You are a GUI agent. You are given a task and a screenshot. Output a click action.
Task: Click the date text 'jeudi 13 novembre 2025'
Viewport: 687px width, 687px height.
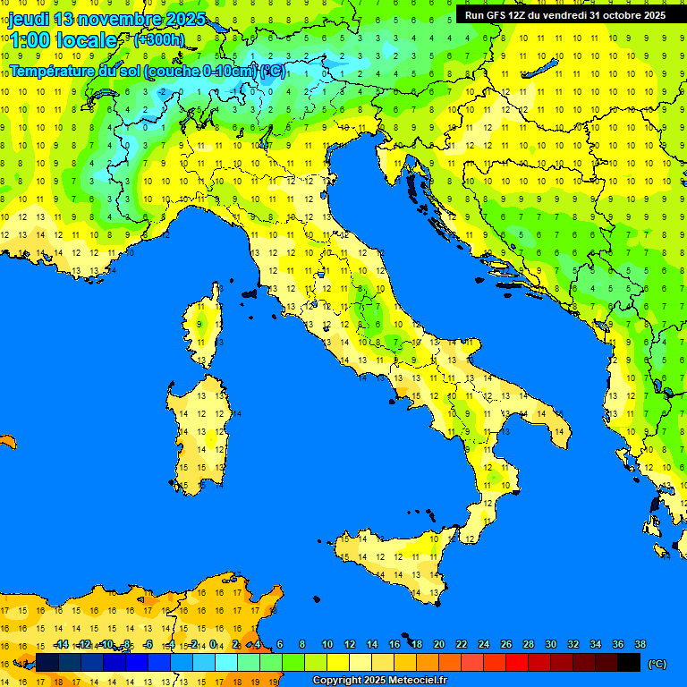[x=106, y=19]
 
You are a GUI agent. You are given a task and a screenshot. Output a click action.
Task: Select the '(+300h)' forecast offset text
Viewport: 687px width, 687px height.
[x=158, y=39]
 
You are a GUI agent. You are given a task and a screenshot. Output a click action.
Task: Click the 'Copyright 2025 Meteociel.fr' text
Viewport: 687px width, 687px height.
[x=379, y=681]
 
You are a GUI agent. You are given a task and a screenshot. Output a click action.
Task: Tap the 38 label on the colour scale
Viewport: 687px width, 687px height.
[x=640, y=645]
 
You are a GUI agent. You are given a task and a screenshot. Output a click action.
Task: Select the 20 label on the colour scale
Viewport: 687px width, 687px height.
[x=439, y=645]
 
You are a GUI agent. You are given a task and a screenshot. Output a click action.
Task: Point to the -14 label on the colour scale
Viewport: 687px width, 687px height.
[x=61, y=645]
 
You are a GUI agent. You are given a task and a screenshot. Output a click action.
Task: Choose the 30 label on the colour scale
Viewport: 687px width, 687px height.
[x=550, y=645]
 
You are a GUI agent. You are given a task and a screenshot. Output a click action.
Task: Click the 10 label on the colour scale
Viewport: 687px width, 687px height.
[x=327, y=645]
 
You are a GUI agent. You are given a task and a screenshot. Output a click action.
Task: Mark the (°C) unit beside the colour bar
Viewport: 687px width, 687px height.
[x=657, y=664]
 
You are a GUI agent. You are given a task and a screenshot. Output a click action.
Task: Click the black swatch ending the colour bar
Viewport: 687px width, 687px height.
[x=629, y=663]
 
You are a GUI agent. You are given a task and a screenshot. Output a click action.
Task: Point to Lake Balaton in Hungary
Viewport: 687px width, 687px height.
[x=541, y=69]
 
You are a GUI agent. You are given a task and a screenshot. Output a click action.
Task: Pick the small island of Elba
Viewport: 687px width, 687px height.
[x=250, y=293]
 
